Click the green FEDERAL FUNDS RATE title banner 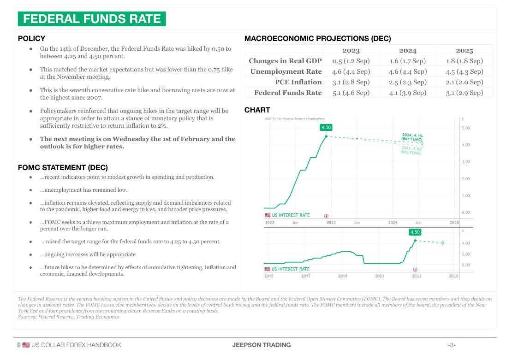coord(92,19)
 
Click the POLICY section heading coord(31,39)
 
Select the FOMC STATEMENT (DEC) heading coord(63,167)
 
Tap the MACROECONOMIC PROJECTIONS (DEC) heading coord(317,39)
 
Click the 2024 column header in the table coord(408,51)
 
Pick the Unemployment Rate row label coord(286,71)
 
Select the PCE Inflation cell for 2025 coord(464,82)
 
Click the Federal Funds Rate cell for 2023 coord(351,93)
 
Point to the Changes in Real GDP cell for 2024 coord(408,61)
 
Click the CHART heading coord(257,110)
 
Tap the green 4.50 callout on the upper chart coord(326,127)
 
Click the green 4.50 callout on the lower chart coord(415,232)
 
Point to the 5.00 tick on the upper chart coord(466,128)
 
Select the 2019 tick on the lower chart coord(343,276)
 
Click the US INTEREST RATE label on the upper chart coord(291,215)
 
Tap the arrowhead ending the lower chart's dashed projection coord(442,242)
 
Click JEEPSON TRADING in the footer coord(261,345)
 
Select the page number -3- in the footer coord(452,345)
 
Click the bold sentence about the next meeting coord(137,142)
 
